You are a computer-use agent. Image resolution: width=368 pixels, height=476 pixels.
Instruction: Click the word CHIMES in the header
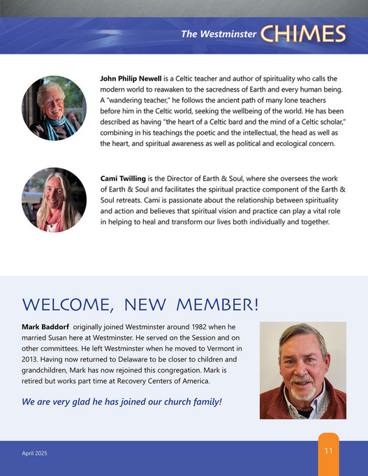(x=303, y=34)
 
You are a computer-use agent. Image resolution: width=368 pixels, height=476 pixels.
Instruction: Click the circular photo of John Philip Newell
(x=49, y=108)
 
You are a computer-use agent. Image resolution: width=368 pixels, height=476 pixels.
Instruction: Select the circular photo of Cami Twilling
(x=49, y=199)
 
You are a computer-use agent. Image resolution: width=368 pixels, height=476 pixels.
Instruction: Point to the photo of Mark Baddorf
(x=302, y=370)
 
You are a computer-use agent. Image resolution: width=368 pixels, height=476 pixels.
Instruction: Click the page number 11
(x=328, y=451)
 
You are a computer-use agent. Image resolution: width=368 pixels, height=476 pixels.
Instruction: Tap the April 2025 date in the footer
(x=34, y=454)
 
